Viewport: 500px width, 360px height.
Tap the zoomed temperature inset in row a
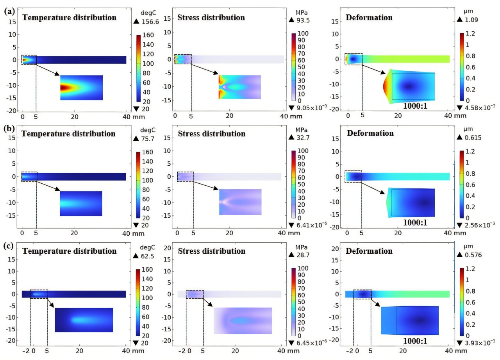point(81,88)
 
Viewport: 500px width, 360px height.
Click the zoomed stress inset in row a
point(239,87)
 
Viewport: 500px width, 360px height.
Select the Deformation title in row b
point(370,133)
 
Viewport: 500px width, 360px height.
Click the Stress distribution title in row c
point(211,251)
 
